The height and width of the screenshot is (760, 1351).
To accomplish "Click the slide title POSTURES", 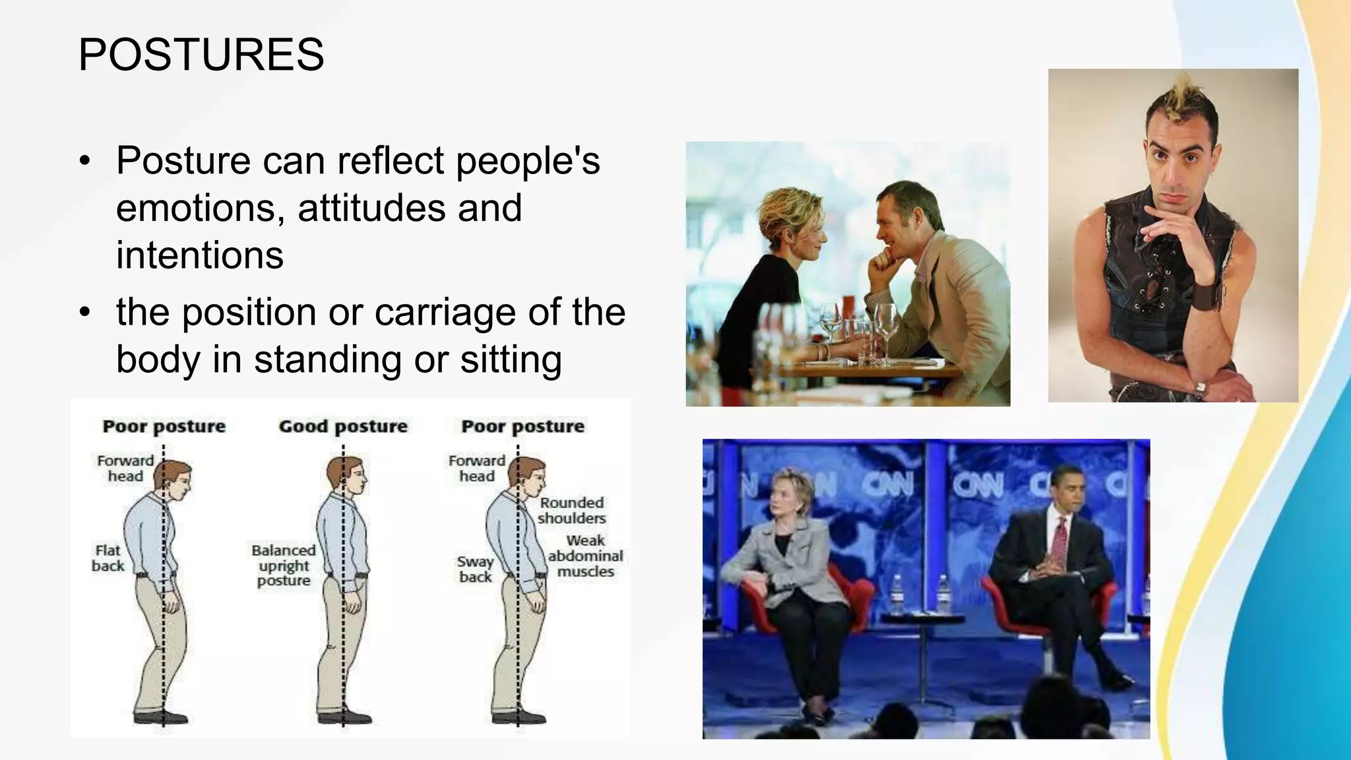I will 201,54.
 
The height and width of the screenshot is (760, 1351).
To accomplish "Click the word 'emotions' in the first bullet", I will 195,208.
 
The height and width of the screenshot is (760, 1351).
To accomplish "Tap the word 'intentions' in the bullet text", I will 200,255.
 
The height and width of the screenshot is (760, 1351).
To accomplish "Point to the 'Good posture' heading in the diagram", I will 343,426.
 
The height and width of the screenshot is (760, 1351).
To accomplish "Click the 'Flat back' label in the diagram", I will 108,558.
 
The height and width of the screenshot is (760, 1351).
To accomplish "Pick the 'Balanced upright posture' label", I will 284,565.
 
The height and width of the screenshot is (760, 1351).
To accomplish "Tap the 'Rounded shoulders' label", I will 571,510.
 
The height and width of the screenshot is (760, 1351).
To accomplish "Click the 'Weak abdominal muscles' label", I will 585,556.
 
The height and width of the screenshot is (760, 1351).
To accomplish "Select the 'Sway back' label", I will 475,569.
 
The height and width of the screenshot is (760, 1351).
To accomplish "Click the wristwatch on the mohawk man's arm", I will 1200,389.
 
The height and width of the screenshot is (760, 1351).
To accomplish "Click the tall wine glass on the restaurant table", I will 886,330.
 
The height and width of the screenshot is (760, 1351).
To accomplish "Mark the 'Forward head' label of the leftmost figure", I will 125,468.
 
